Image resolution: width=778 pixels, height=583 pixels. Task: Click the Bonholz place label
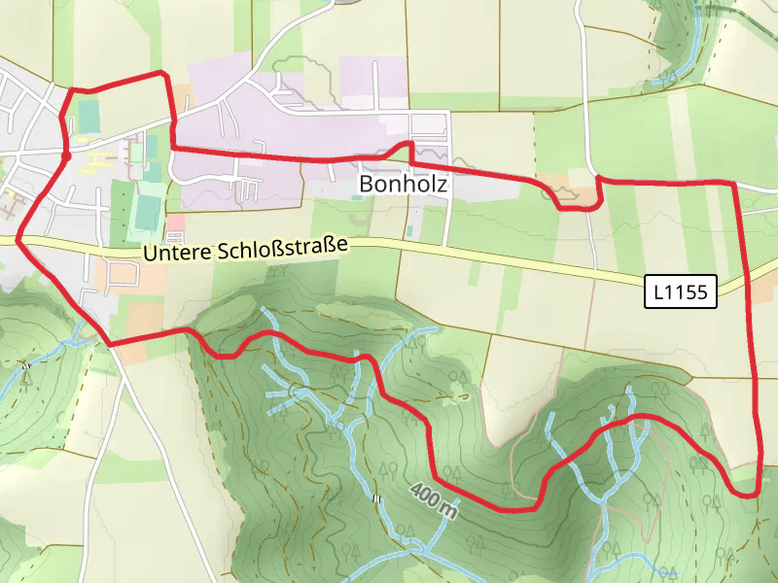pyautogui.click(x=405, y=183)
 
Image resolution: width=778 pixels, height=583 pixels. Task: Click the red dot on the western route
pyautogui.click(x=66, y=154)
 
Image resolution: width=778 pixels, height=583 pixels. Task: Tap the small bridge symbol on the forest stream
pyautogui.click(x=376, y=498)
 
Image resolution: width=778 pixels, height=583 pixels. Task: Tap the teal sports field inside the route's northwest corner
pyautogui.click(x=88, y=116)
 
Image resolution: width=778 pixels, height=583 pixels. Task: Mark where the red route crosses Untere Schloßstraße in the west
pyautogui.click(x=19, y=239)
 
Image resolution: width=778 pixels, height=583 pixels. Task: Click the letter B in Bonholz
pyautogui.click(x=367, y=183)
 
